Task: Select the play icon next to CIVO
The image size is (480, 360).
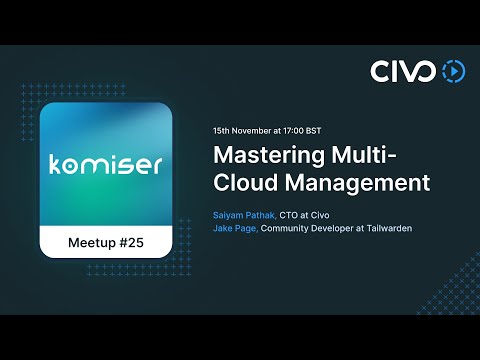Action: [x=453, y=71]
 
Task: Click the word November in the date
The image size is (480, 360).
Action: [x=254, y=131]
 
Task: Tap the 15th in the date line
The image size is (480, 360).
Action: [x=222, y=131]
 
